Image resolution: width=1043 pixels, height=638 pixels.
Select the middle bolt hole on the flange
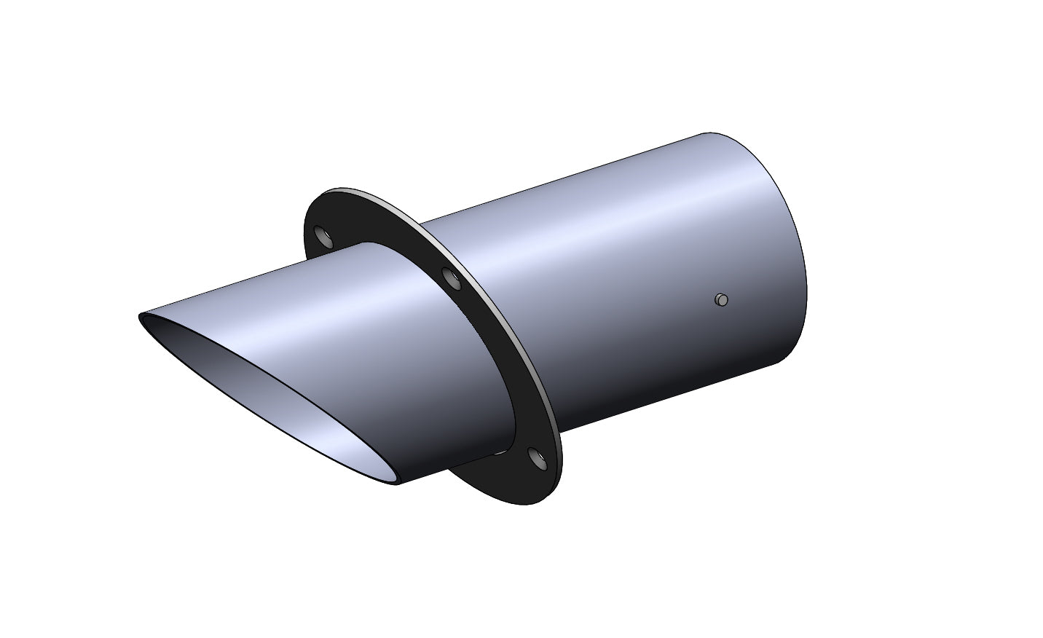click(x=449, y=277)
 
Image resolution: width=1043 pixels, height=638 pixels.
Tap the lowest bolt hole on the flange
click(x=538, y=458)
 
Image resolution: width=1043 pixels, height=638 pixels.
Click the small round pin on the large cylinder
click(x=721, y=299)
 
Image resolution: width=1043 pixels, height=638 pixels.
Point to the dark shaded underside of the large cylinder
click(x=656, y=393)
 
